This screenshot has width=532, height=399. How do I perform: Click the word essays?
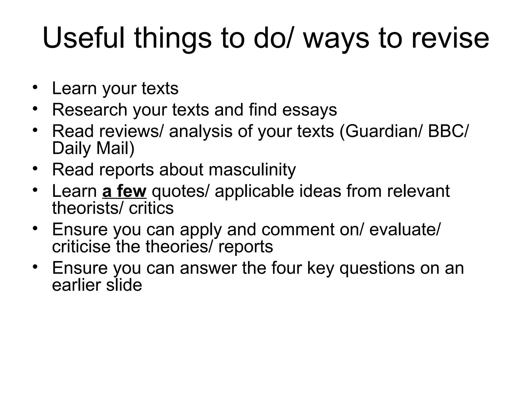pyautogui.click(x=309, y=110)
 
